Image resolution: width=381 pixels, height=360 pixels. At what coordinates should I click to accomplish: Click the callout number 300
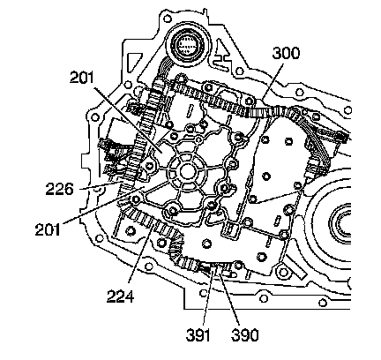click(x=286, y=53)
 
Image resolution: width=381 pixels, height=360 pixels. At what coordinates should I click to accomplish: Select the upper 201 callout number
click(x=81, y=78)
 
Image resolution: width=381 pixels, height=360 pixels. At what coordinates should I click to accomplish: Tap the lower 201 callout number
click(x=48, y=229)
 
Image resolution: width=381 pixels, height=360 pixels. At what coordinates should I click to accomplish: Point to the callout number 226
click(x=59, y=189)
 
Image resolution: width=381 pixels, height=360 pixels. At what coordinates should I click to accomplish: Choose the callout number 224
click(x=120, y=296)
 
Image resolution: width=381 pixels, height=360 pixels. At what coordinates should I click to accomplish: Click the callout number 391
click(x=198, y=335)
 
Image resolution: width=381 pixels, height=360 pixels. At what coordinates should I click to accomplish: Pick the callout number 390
click(x=244, y=335)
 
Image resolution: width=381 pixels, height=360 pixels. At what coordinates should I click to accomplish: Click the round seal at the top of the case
click(x=188, y=45)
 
